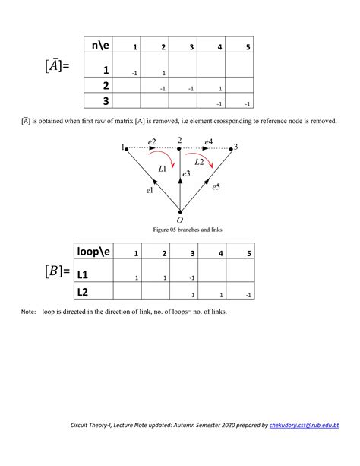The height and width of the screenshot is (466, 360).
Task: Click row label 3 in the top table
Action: tap(106, 101)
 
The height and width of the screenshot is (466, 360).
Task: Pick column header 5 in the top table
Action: tap(248, 48)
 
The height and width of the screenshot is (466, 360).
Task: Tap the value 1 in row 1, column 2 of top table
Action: tap(163, 73)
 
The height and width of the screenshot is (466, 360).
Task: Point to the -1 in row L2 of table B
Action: tap(248, 294)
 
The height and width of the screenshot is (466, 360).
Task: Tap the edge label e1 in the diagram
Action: tap(150, 190)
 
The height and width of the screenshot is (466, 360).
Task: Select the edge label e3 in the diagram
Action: tap(185, 174)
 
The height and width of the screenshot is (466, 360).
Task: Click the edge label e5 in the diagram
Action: tap(216, 186)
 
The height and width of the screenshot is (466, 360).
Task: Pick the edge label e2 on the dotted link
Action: tap(152, 142)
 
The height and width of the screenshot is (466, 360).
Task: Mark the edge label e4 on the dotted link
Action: tap(208, 141)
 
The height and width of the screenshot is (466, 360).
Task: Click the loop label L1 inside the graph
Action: tap(163, 168)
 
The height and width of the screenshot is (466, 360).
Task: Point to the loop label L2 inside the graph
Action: tap(199, 161)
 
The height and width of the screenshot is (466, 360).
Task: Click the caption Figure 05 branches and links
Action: tap(180, 229)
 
